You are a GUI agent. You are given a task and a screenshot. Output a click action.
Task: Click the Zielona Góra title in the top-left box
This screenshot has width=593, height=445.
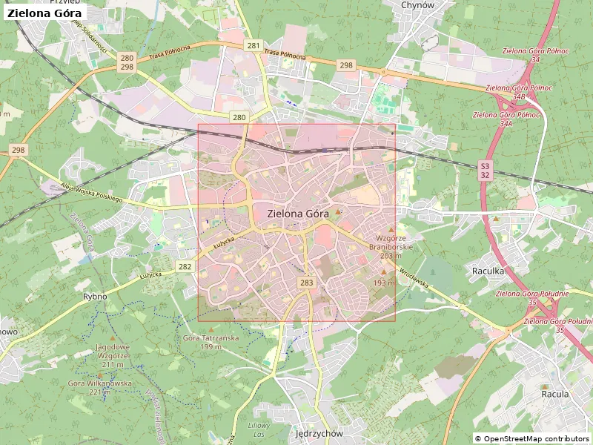click(x=44, y=13)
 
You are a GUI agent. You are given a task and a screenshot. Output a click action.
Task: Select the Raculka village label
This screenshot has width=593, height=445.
click(x=488, y=271)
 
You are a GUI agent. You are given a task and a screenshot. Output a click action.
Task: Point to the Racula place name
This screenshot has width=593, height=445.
click(x=554, y=395)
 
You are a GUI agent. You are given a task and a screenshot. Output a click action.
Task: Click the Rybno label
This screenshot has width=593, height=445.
click(x=95, y=297)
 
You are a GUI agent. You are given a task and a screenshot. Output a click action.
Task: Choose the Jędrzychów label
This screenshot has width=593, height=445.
click(x=318, y=433)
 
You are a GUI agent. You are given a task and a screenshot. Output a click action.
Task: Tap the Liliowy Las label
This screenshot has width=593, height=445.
click(x=258, y=429)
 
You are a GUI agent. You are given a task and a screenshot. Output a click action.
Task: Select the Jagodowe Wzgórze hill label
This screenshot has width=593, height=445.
click(x=112, y=351)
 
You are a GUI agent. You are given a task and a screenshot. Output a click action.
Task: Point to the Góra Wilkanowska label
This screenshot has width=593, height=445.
click(x=99, y=387)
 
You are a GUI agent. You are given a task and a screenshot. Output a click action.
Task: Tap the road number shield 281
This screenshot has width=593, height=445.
click(x=254, y=46)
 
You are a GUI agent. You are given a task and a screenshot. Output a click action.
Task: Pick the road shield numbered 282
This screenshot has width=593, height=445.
click(x=185, y=267)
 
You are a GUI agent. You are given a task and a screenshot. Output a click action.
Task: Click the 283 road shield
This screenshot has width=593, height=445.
click(x=307, y=283)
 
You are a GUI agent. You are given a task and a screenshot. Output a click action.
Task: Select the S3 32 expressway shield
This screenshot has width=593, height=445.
click(x=485, y=171)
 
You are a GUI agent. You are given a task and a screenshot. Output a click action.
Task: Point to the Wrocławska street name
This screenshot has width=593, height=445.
click(x=414, y=278)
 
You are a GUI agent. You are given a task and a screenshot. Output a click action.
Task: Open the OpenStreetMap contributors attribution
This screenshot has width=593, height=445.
click(x=531, y=439)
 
